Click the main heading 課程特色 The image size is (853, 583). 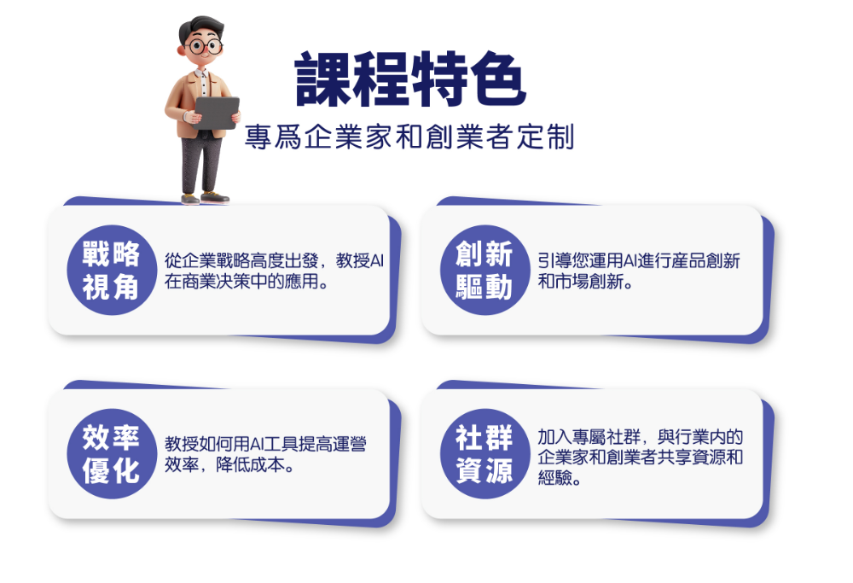pos(411,79)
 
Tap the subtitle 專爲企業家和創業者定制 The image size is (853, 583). pos(409,137)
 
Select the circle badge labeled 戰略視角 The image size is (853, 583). pos(112,270)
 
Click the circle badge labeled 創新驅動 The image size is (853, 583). pos(485,270)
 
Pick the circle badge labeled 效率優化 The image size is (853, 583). pos(112,454)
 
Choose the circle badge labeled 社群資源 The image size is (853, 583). pos(485,454)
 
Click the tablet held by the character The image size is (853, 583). pos(217,113)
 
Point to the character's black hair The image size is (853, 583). pos(200,28)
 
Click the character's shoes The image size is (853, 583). pos(205,197)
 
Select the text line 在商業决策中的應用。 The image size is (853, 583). pos(247,282)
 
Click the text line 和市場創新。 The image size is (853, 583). pos(585,282)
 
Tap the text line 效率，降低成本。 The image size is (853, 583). pos(229,465)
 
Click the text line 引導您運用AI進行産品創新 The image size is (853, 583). pos(639,260)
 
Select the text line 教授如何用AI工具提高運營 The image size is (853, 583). pos(265,444)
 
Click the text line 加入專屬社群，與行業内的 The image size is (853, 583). pos(641,436)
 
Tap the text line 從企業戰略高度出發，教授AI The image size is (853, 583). pos(274,260)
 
